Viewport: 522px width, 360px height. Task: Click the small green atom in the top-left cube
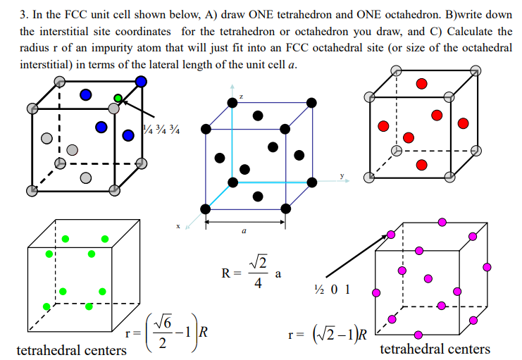[x=118, y=98]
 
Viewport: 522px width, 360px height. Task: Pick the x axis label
[x=179, y=225]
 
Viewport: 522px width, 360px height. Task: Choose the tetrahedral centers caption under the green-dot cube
[x=71, y=350]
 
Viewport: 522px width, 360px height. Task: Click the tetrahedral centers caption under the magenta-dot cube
[x=435, y=349]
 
